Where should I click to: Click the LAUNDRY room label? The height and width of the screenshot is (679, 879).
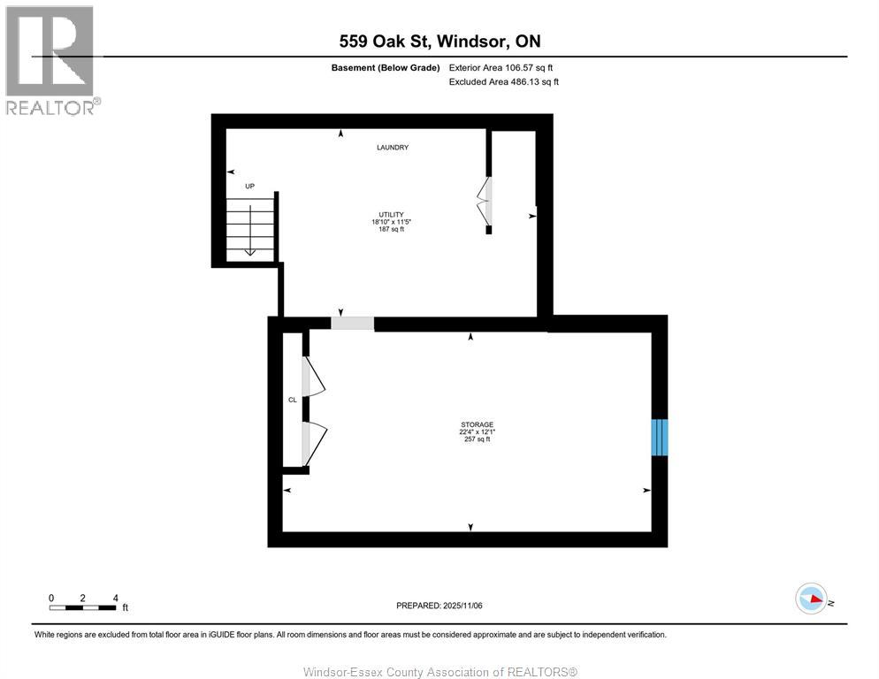(392, 148)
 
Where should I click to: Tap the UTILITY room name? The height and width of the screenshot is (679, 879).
(392, 215)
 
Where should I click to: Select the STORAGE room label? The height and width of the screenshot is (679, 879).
(477, 424)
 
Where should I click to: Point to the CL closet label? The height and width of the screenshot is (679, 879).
(292, 400)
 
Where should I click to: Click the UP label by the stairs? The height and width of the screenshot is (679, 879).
(250, 187)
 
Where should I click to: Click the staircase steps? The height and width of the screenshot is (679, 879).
(251, 229)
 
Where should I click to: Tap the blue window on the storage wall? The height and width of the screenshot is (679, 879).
(660, 437)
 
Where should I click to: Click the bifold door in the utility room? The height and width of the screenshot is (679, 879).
(485, 202)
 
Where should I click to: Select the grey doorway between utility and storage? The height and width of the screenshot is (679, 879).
(352, 324)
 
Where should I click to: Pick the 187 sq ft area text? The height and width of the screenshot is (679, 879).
(392, 229)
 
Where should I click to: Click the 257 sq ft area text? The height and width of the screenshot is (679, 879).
(477, 439)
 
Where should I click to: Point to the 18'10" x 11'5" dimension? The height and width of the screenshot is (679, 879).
(392, 222)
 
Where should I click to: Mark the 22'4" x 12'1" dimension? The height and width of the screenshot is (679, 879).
(477, 431)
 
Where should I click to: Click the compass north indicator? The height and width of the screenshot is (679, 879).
(812, 599)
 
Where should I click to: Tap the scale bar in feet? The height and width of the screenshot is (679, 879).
(83, 607)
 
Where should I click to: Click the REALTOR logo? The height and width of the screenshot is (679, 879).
(50, 59)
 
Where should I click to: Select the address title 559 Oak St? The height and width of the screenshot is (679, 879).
(439, 41)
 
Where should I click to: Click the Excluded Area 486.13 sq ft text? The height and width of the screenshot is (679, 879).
(504, 81)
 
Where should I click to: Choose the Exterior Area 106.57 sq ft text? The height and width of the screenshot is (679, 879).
(501, 67)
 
